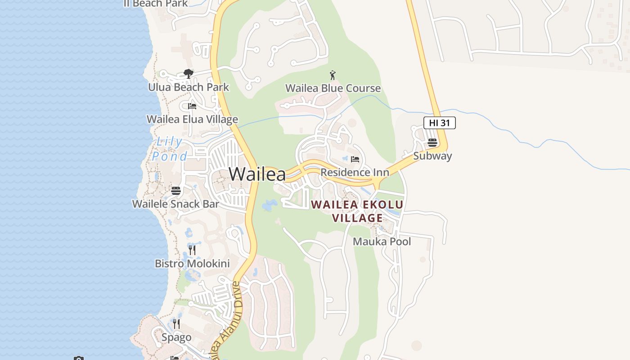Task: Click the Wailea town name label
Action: [x=257, y=174]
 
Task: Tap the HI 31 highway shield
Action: [x=439, y=123]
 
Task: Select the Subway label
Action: [x=432, y=156]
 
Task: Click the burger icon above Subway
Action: [x=432, y=143]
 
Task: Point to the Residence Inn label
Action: [x=355, y=172]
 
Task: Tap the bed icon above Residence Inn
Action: [x=355, y=159]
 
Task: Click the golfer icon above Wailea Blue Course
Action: [x=333, y=75]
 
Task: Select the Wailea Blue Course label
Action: [x=333, y=88]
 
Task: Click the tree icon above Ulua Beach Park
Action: [x=189, y=74]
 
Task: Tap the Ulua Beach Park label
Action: [x=189, y=87]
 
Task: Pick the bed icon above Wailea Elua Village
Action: [x=192, y=106]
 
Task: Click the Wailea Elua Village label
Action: [x=192, y=119]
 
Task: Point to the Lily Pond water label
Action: [x=170, y=149]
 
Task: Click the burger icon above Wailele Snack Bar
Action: [x=176, y=191]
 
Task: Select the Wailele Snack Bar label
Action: [x=175, y=204]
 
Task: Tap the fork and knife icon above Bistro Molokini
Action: [x=192, y=250]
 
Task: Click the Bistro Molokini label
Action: [x=192, y=264]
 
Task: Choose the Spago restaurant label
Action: [x=176, y=337]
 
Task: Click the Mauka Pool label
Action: [x=382, y=242]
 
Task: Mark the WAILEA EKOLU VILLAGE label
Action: [x=357, y=211]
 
